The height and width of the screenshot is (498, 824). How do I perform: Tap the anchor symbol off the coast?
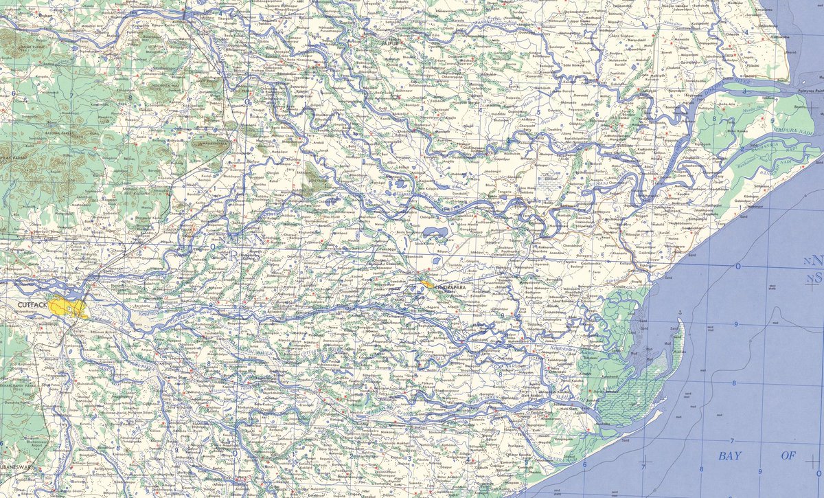coord(679,313)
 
